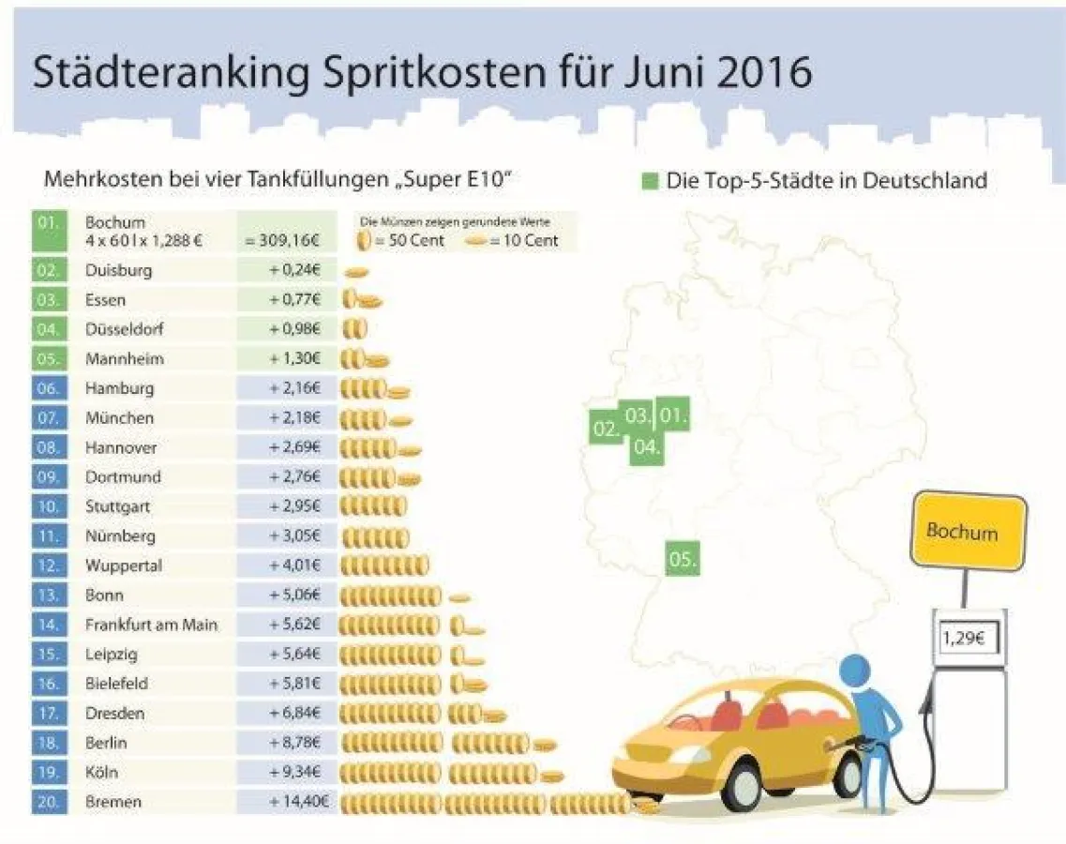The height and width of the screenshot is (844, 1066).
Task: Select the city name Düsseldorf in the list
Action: pos(125,329)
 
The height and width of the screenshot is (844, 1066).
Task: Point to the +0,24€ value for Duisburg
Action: pos(294,270)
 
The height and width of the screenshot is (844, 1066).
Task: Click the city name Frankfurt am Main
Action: pos(151,624)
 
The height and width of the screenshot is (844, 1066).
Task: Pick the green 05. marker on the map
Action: pos(683,560)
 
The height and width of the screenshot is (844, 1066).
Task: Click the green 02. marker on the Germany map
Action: pos(605,430)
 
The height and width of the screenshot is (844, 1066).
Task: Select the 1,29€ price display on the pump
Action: pos(968,640)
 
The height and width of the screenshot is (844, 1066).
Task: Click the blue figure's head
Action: pos(855,671)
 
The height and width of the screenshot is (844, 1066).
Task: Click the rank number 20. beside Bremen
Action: pos(48,802)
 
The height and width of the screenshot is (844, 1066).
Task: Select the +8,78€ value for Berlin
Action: pos(294,742)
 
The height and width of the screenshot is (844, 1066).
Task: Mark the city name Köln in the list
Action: pos(102,772)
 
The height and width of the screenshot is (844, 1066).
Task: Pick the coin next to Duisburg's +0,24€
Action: pos(356,272)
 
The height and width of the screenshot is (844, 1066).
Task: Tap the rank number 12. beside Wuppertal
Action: pos(48,565)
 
